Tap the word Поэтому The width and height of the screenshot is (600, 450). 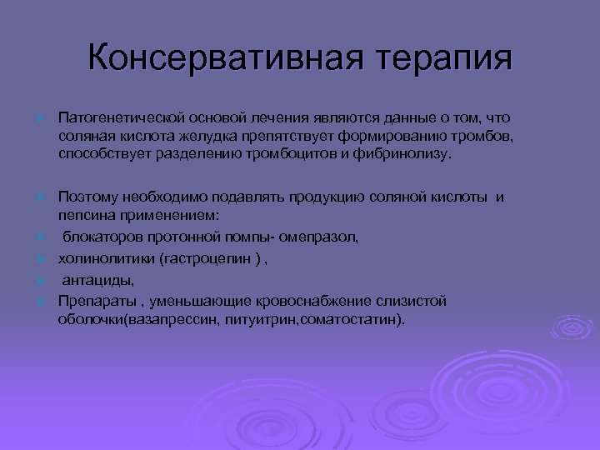[x=86, y=197]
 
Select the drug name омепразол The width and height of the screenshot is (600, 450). [x=322, y=237]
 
